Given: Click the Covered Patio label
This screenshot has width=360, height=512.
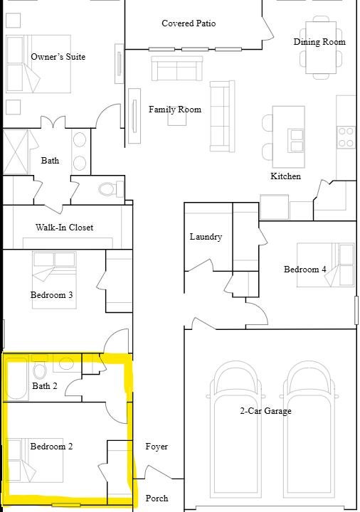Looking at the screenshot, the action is click(189, 23).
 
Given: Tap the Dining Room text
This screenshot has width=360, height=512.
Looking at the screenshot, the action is click(319, 42).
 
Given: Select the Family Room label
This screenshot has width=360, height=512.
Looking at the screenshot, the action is click(175, 110).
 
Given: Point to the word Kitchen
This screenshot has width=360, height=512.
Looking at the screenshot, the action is click(285, 176).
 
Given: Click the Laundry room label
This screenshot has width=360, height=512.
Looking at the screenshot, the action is click(206, 236).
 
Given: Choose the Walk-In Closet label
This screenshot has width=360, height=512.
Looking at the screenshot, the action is click(64, 228).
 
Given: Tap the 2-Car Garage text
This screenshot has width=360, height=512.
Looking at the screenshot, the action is click(265, 411).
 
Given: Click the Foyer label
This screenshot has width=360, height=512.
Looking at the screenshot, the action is click(157, 447).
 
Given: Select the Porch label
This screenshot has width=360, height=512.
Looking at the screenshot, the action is click(157, 498).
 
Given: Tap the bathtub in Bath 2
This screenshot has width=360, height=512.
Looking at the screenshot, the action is click(16, 378).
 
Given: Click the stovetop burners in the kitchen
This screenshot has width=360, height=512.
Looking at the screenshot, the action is click(346, 137).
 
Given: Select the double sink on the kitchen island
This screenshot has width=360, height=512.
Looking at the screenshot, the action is click(297, 140).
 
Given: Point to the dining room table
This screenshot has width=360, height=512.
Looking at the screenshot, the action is click(321, 48).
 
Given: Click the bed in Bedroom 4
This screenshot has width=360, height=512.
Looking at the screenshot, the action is click(325, 265).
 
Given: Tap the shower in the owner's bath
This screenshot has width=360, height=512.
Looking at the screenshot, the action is click(16, 152).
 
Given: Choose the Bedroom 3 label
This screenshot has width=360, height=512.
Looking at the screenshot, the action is click(52, 295).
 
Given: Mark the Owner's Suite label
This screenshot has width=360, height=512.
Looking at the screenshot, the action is click(58, 57).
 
